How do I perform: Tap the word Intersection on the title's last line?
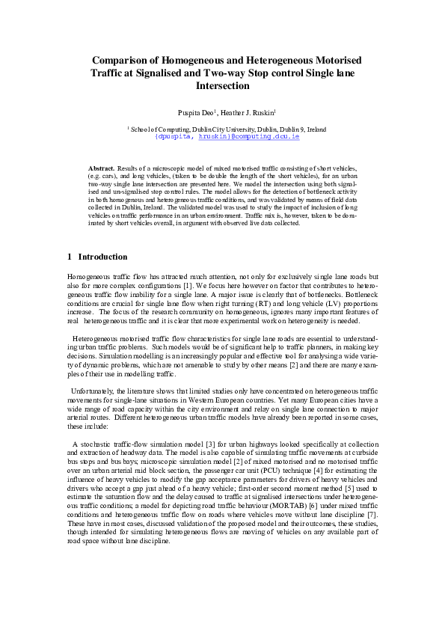tap(222, 86)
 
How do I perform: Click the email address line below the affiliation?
tap(222, 138)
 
